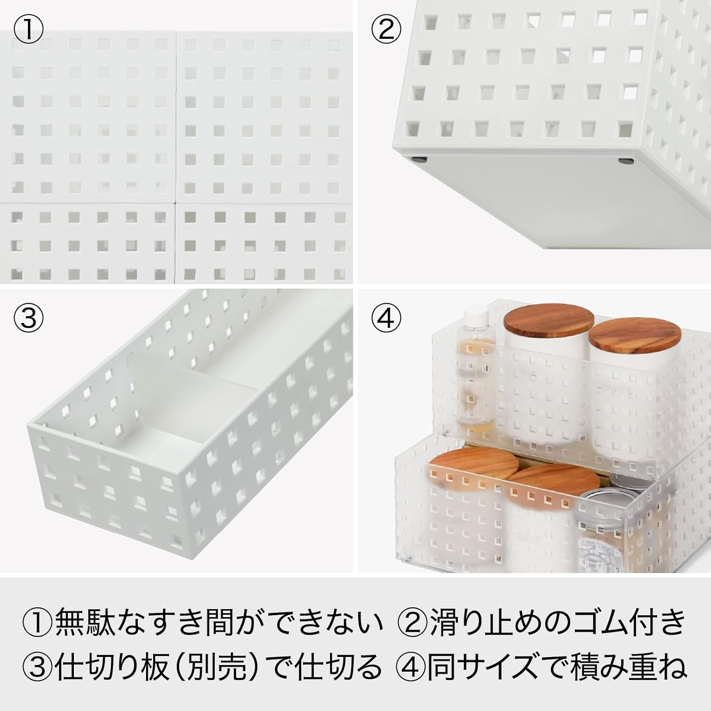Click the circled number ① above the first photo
28,30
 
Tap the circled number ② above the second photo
386,30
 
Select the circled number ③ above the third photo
28,318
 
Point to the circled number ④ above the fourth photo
386,318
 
